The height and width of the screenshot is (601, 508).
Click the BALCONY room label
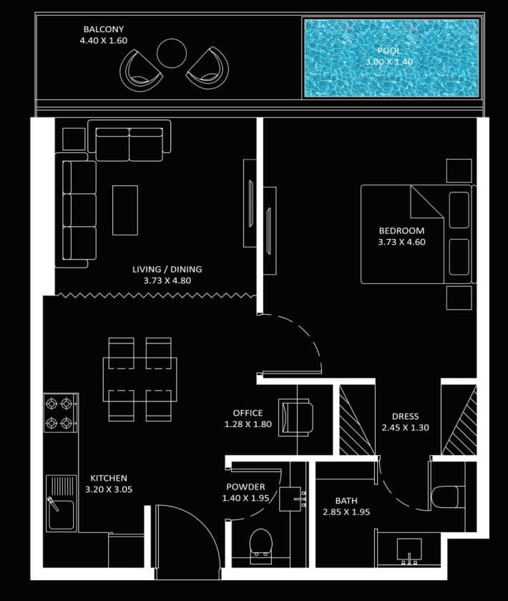click(104, 29)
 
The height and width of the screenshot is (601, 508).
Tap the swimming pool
click(391, 58)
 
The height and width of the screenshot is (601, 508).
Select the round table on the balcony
click(172, 54)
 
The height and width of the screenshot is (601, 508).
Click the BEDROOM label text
click(401, 230)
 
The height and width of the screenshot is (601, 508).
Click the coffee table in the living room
click(125, 210)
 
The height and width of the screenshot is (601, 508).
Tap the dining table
click(140, 379)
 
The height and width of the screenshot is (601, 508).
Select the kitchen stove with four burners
click(61, 413)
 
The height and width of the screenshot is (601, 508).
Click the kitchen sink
click(61, 504)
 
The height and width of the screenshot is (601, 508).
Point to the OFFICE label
click(248, 414)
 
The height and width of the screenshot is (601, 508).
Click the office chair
click(295, 417)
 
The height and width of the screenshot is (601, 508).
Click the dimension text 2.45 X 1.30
click(405, 428)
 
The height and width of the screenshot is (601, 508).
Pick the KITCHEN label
click(109, 479)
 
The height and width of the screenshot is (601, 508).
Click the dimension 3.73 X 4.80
click(167, 280)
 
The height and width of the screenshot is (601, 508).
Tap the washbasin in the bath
click(409, 550)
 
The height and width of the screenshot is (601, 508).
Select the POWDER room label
click(245, 487)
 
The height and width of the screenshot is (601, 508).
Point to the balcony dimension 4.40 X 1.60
click(104, 41)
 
